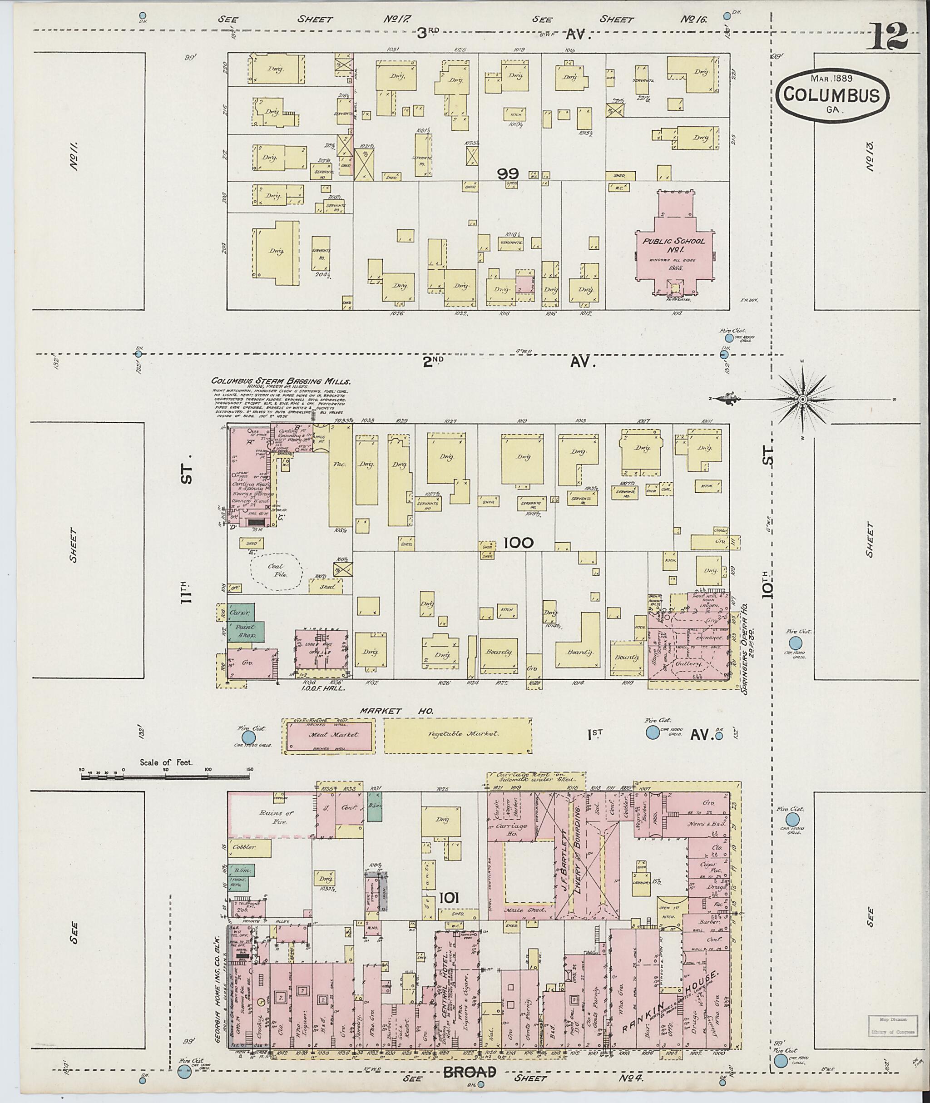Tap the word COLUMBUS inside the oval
click(831, 95)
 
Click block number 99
click(510, 173)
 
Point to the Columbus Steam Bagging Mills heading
click(281, 381)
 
